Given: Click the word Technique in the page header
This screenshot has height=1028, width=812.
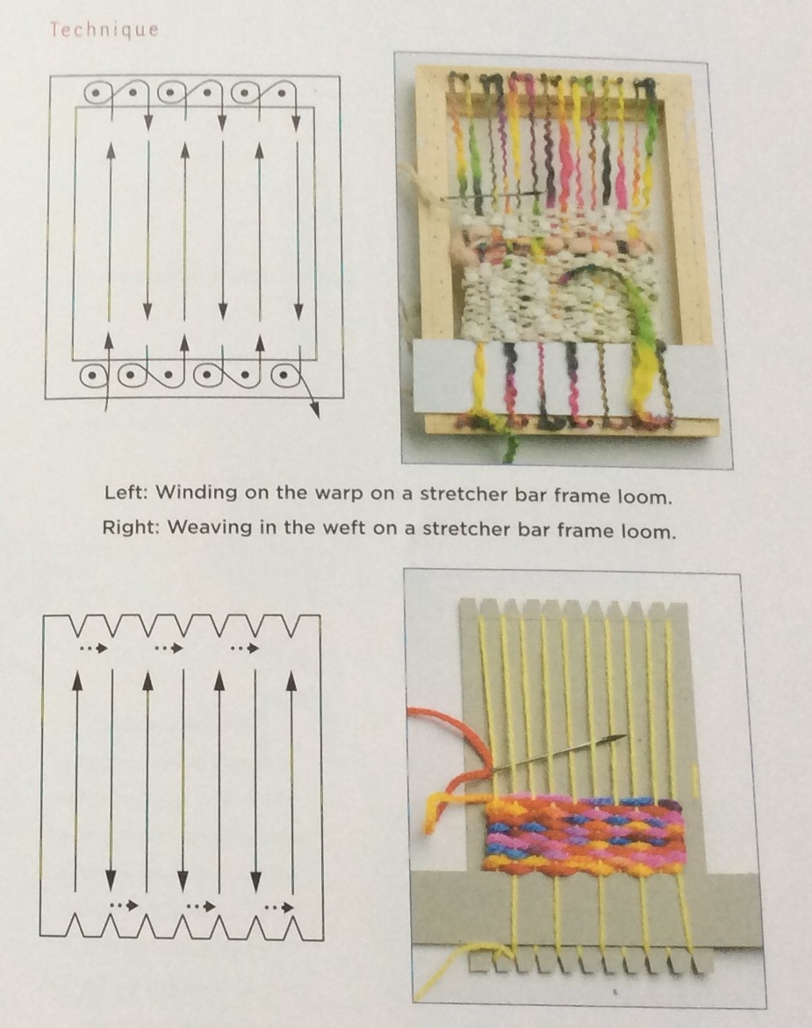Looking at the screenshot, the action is point(104,30).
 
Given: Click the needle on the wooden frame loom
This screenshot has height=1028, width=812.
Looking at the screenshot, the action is point(492,195).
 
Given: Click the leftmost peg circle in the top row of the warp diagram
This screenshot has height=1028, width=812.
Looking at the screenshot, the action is point(96,93).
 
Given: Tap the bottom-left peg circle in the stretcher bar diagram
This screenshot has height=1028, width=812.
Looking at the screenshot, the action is point(94,377).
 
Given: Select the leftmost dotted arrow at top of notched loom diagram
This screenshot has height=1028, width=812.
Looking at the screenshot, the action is point(92,649).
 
